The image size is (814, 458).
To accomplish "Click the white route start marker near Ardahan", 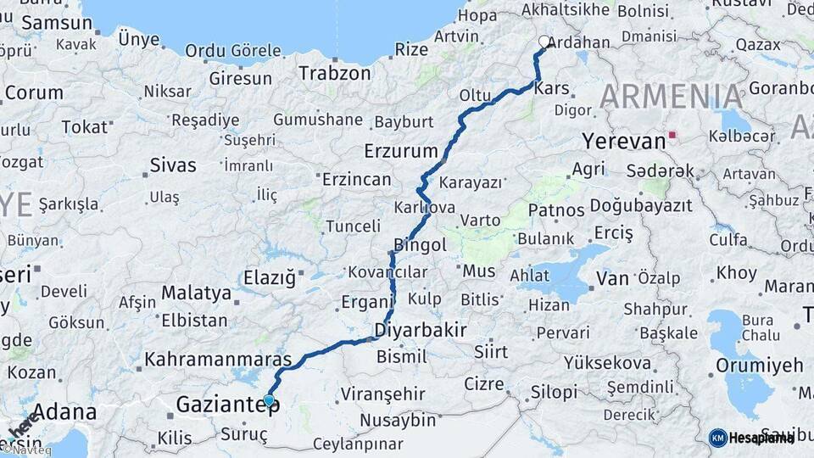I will click(x=544, y=41).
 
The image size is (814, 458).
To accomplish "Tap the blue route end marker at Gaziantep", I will click(x=269, y=400).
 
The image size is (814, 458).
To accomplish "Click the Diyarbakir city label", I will click(x=421, y=330).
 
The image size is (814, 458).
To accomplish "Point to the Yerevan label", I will click(x=623, y=141).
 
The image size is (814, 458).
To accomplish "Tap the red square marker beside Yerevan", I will click(x=672, y=134).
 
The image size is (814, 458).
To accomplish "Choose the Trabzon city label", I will click(x=334, y=73).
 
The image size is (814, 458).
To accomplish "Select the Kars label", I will click(x=552, y=89).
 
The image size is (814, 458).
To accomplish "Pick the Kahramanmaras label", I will click(x=218, y=360).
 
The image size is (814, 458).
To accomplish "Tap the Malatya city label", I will click(x=196, y=293).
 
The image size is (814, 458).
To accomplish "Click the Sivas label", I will click(x=172, y=165).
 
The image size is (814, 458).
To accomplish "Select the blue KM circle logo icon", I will click(x=717, y=438).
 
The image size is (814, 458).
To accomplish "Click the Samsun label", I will click(x=56, y=24).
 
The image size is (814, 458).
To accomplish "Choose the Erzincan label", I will click(x=356, y=180).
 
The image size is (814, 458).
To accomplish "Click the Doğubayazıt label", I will click(x=640, y=205).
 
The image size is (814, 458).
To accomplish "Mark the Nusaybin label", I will click(x=397, y=420).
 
